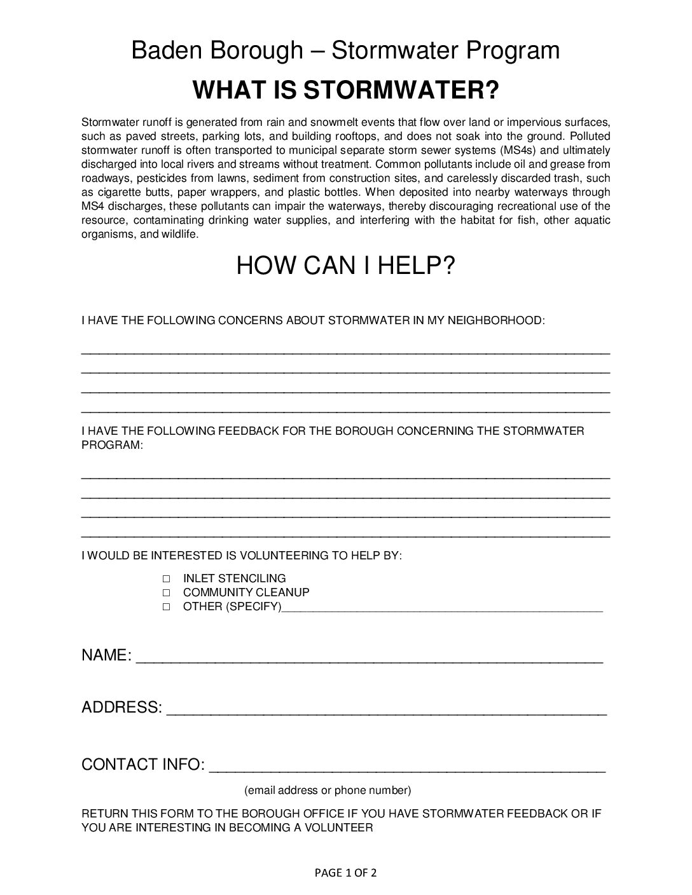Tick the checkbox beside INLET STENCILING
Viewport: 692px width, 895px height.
pyautogui.click(x=166, y=579)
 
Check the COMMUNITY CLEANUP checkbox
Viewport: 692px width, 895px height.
pyautogui.click(x=166, y=593)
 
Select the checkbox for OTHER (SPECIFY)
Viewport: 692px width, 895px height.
pyautogui.click(x=166, y=607)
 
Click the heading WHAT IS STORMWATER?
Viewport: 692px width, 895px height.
pyautogui.click(x=345, y=90)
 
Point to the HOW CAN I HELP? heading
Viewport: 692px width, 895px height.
pyautogui.click(x=345, y=266)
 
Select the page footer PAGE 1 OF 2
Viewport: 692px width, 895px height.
pyautogui.click(x=345, y=873)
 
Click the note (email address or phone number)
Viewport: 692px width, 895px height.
pyautogui.click(x=328, y=790)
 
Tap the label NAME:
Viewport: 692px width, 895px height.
pyautogui.click(x=106, y=655)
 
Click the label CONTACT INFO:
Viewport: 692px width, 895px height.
pyautogui.click(x=143, y=764)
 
